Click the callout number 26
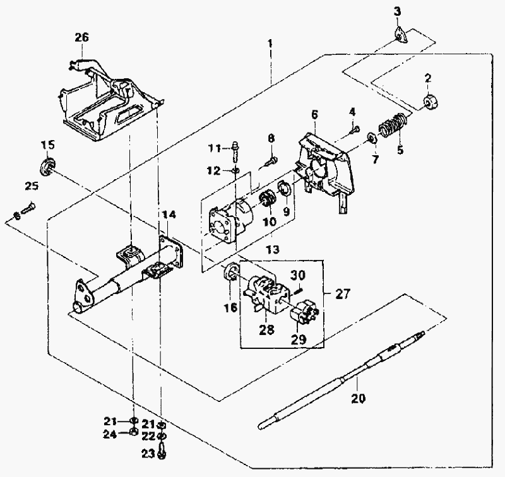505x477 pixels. [x=81, y=37]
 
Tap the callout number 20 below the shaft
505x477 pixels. [x=358, y=398]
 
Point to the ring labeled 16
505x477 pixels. [x=232, y=273]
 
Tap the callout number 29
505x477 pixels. [x=299, y=339]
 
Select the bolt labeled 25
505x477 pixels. [x=28, y=207]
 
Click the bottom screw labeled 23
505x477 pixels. [x=162, y=450]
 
